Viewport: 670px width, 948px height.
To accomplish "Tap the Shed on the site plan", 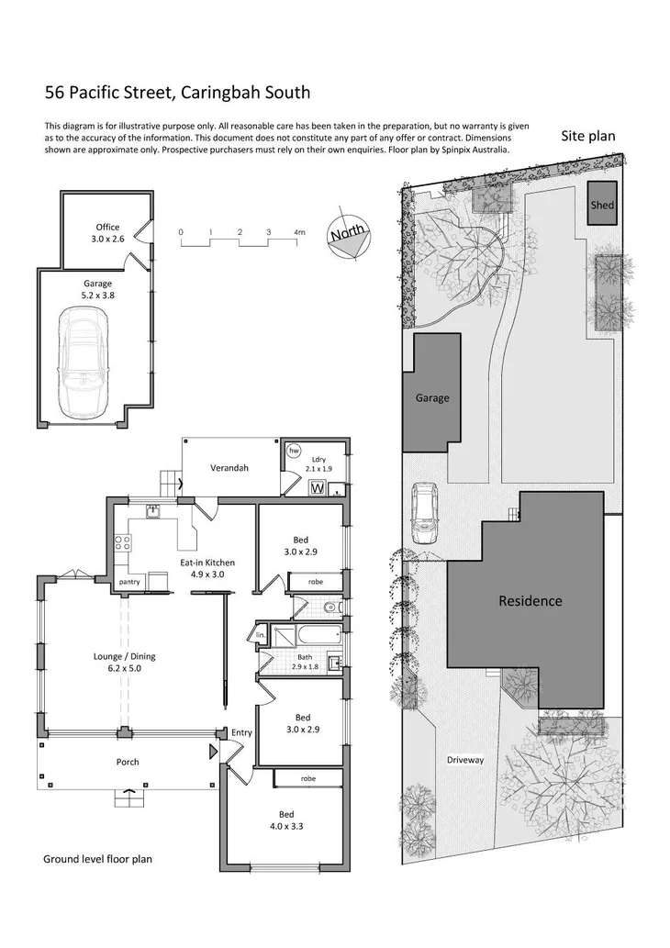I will click(x=602, y=206).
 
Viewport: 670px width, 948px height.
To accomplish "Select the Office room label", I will click(x=107, y=233).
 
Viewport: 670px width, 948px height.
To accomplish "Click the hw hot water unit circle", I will click(x=295, y=452).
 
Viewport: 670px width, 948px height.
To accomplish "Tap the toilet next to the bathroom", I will click(x=331, y=607).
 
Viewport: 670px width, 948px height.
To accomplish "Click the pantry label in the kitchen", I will click(x=129, y=582).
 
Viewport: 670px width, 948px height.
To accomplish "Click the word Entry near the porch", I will click(x=241, y=732).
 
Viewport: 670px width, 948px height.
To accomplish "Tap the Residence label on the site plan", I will click(x=530, y=601).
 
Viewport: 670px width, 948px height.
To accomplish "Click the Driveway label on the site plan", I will click(x=465, y=760).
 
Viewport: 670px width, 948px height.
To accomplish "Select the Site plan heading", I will click(x=587, y=136).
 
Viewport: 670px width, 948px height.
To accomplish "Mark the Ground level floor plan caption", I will click(x=97, y=859).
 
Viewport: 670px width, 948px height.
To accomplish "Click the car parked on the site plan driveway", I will click(x=425, y=514).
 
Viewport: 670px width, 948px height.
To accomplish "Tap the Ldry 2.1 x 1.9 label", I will click(x=319, y=463).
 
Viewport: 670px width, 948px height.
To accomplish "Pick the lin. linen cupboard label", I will click(x=260, y=635).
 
